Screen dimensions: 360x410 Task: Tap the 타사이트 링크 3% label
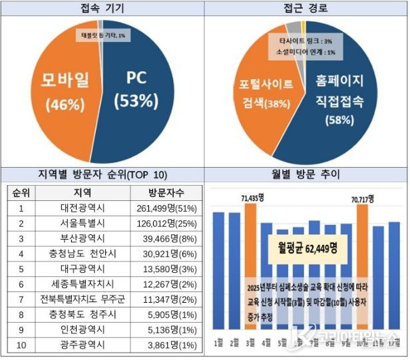[x=301, y=41]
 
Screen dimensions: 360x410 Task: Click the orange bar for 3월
[x=250, y=266]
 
